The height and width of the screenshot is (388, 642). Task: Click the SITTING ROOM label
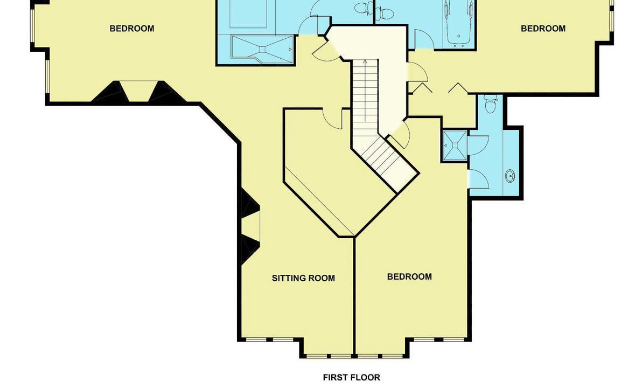pos(303,278)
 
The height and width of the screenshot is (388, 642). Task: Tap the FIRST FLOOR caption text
pos(351,377)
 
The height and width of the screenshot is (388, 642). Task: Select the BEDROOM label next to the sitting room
pos(409,276)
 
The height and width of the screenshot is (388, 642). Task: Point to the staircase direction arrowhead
pos(365,63)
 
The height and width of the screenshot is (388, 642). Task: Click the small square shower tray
pos(455,145)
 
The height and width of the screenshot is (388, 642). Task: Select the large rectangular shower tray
pos(262,50)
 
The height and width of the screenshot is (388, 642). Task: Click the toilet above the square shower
pos(490,105)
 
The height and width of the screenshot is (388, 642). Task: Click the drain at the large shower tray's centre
pos(262,50)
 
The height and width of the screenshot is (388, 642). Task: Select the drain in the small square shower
pos(455,145)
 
